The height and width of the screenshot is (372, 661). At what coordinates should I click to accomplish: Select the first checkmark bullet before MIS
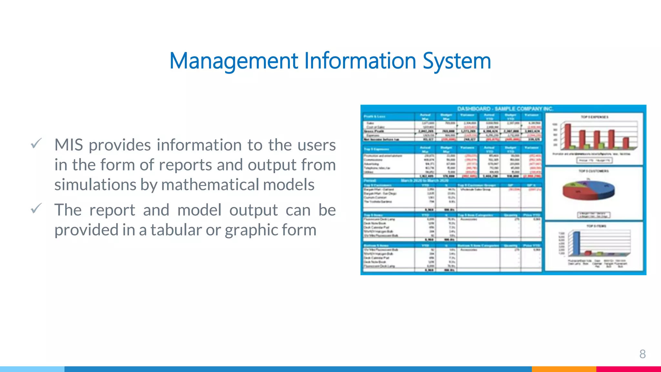[x=36, y=143]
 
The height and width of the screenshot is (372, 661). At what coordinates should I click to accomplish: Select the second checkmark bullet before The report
[x=36, y=209]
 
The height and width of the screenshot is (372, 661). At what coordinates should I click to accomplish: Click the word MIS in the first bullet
[x=68, y=145]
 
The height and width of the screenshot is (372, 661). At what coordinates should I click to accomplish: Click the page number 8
[x=642, y=354]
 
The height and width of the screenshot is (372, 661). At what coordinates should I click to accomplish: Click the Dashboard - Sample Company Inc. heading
[x=505, y=109]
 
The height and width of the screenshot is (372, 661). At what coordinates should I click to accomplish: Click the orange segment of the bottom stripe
[x=564, y=369]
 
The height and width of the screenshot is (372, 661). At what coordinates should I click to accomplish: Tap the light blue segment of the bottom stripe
[x=32, y=369]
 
